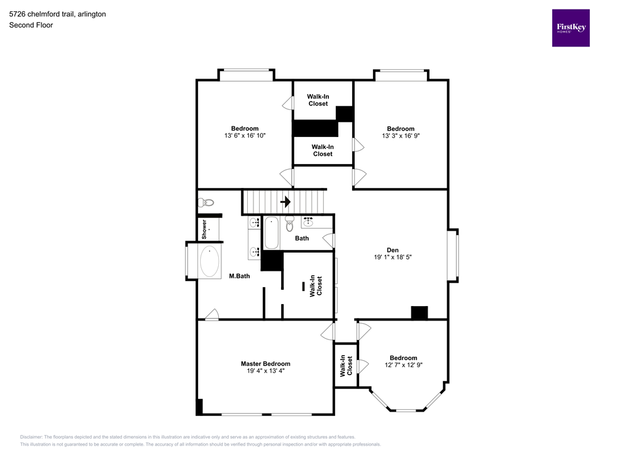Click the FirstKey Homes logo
570,28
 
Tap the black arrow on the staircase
285,202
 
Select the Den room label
392,249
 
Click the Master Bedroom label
265,364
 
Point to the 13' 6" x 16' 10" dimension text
245,136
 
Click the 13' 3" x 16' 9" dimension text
401,136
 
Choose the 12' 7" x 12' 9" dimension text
403,365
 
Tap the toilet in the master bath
206,202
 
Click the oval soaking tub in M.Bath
209,261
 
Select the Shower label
204,229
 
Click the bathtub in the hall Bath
271,232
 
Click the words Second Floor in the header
31,25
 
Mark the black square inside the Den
419,312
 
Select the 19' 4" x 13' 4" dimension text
265,371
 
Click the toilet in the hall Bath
290,223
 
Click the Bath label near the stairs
302,238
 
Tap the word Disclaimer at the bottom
31,437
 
